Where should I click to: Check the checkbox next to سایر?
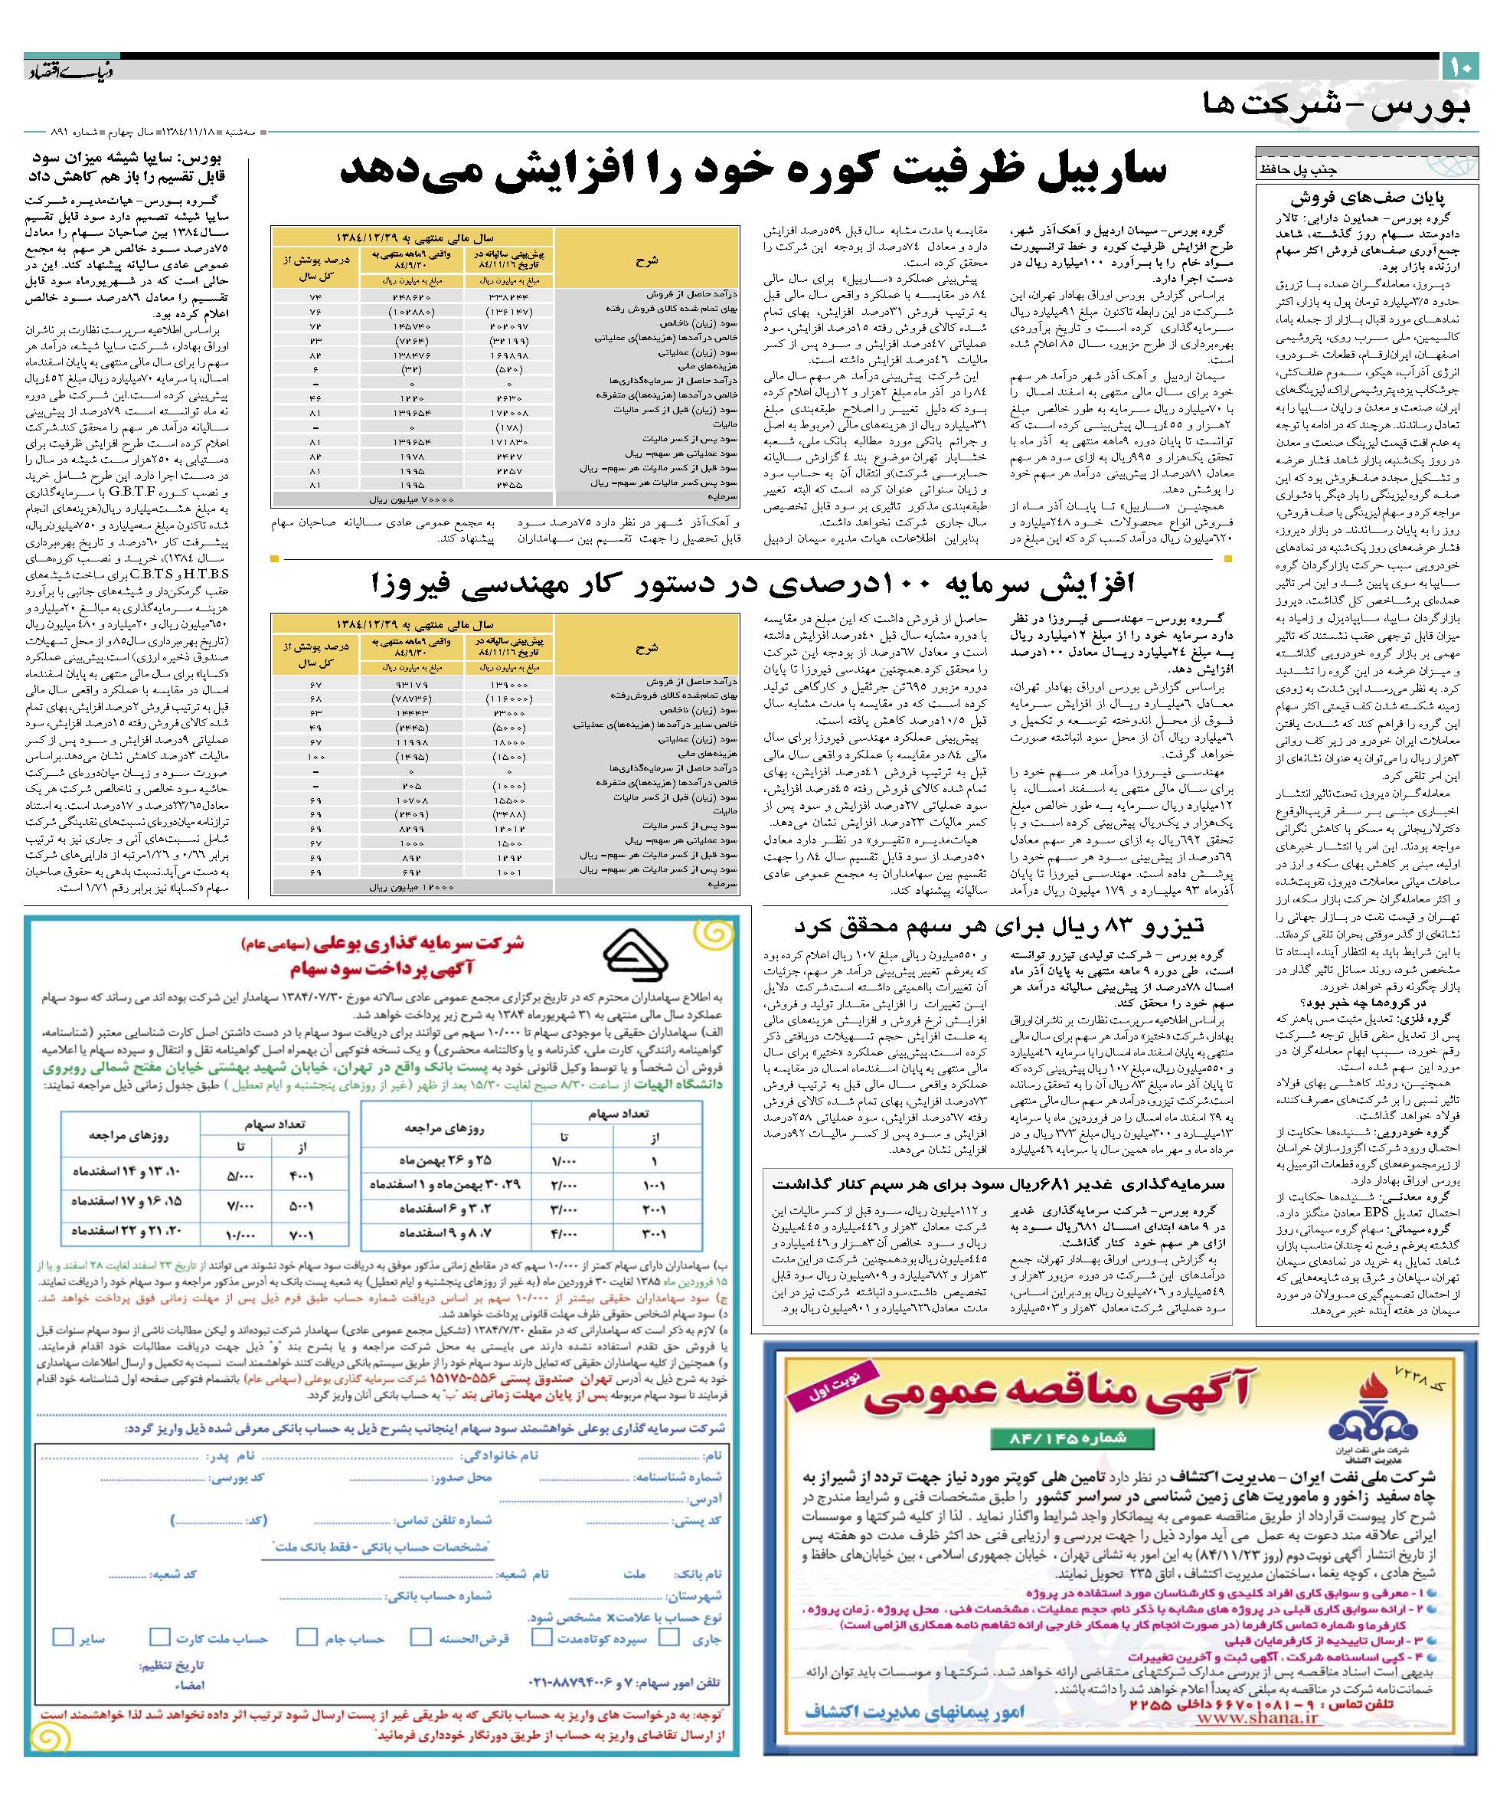[x=62, y=1637]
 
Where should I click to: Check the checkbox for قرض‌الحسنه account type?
[x=420, y=1637]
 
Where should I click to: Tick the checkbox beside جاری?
[x=668, y=1637]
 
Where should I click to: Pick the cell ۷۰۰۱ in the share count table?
[x=302, y=1235]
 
